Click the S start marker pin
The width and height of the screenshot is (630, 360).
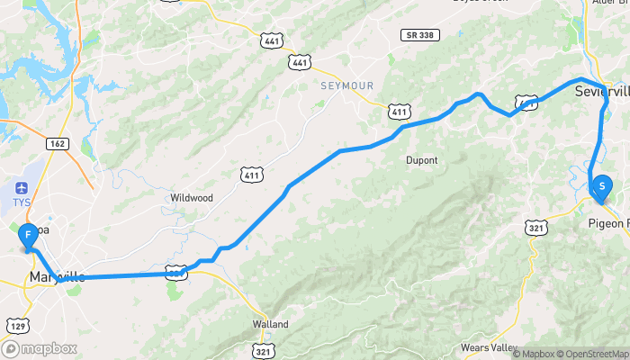tap(600, 186)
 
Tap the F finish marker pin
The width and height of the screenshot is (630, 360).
tap(28, 236)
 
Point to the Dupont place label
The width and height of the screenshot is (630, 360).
tap(421, 160)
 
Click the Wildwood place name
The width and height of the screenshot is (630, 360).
tap(191, 197)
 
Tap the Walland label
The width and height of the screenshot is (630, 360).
tap(270, 324)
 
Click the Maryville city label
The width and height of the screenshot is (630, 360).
tap(56, 276)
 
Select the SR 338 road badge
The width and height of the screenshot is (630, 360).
tap(419, 34)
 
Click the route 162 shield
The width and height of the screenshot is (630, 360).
tap(58, 143)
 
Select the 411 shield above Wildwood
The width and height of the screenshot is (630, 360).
tap(251, 173)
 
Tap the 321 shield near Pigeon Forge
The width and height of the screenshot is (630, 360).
tap(537, 229)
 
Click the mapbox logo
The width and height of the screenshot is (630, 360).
tap(40, 348)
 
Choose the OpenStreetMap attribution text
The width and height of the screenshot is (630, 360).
tap(590, 354)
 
